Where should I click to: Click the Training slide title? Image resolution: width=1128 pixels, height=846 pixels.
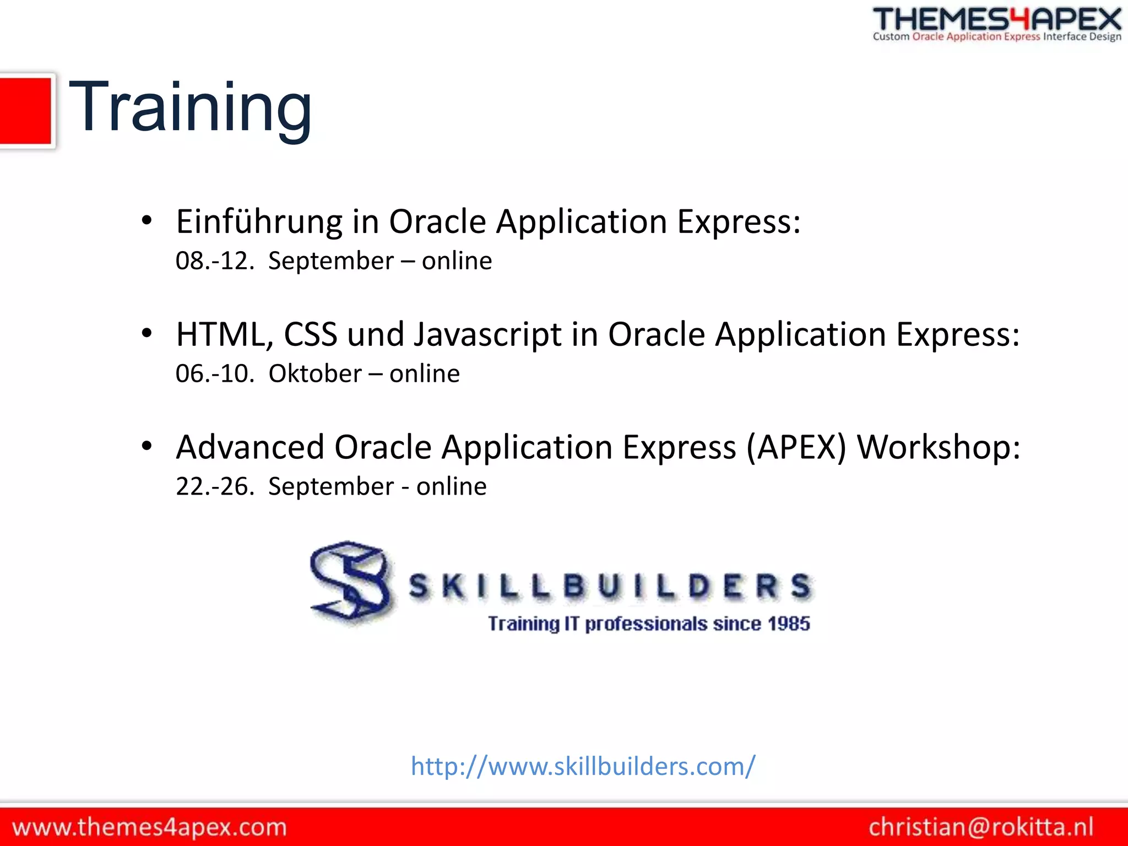(190, 107)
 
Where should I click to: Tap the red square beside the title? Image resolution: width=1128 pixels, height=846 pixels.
(25, 111)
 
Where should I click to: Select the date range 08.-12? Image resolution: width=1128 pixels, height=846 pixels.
(215, 261)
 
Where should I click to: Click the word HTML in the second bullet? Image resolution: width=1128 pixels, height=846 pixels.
(220, 335)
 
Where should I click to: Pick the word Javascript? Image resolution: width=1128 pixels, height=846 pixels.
(487, 335)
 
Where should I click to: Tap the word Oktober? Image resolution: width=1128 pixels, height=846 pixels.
(314, 374)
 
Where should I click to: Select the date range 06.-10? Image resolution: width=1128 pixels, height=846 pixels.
(215, 374)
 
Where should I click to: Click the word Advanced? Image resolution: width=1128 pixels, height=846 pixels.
(250, 447)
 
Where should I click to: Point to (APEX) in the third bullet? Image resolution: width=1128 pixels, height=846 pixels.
(796, 447)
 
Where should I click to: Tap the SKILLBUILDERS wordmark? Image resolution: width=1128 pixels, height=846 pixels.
(610, 585)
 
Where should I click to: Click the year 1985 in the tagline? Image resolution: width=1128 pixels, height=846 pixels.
(789, 624)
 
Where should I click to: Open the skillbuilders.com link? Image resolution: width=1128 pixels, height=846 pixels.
(583, 766)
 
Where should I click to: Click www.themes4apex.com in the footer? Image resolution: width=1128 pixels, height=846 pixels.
(149, 827)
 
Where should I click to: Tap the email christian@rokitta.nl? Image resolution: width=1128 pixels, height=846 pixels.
(980, 827)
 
